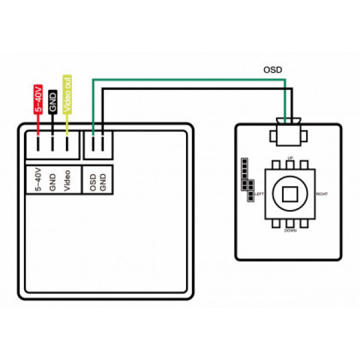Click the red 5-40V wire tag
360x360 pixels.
click(x=38, y=99)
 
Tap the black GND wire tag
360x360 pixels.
click(x=53, y=102)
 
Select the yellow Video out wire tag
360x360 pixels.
click(x=67, y=94)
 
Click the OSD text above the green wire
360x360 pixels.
click(x=272, y=70)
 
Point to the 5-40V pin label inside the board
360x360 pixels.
click(x=38, y=179)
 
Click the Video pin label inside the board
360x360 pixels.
click(x=67, y=181)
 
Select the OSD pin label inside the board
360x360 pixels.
click(x=93, y=182)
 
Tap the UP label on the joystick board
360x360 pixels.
click(x=290, y=158)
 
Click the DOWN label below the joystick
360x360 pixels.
click(x=290, y=230)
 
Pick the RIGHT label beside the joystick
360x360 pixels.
click(x=322, y=194)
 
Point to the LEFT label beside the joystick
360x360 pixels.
click(x=259, y=194)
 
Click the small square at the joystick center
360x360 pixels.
click(x=290, y=194)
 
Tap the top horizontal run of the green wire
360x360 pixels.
click(x=189, y=80)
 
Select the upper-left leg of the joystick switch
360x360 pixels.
click(x=276, y=164)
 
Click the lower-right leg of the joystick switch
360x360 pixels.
click(x=304, y=223)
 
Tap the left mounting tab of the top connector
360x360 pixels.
click(x=273, y=136)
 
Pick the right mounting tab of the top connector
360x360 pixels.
click(x=304, y=136)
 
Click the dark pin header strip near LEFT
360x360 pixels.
click(x=247, y=180)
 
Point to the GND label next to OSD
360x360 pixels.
click(x=103, y=182)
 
